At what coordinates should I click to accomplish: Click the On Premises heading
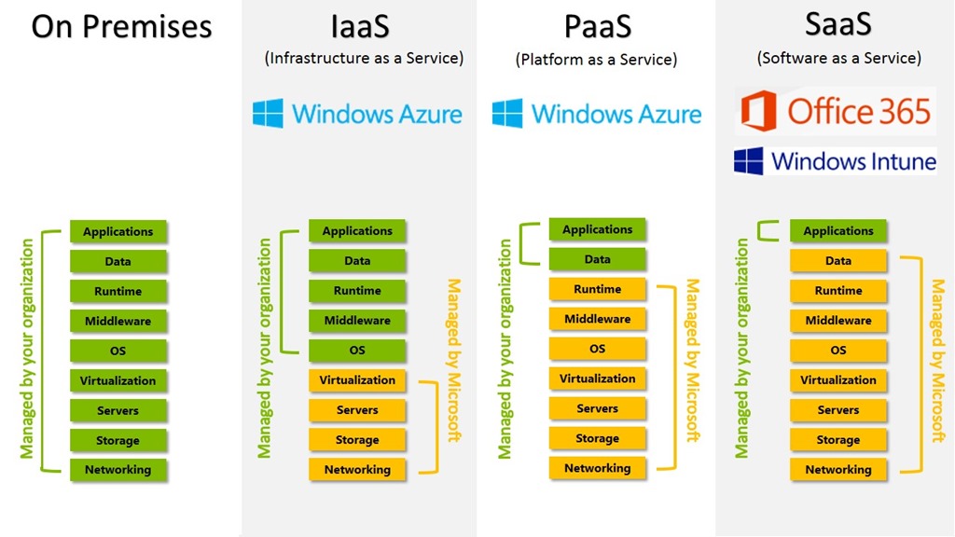(121, 26)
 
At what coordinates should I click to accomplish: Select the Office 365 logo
(836, 111)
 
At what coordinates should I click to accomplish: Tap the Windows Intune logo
(836, 161)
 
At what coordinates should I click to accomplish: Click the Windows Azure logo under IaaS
(358, 114)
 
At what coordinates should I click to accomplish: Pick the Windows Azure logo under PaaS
(597, 114)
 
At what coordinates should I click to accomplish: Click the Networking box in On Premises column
(118, 470)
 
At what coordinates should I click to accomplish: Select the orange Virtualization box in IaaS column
(357, 380)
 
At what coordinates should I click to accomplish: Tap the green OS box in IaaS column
(357, 351)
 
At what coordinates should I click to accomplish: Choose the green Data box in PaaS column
(597, 259)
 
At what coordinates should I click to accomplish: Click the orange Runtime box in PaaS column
(597, 289)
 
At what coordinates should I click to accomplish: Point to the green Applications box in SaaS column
(837, 231)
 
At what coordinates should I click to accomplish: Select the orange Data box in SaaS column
(837, 261)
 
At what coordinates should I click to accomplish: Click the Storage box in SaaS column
(837, 440)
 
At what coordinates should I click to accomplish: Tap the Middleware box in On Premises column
(118, 321)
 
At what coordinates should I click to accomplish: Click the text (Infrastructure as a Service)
(364, 58)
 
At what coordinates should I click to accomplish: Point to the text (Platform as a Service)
(596, 60)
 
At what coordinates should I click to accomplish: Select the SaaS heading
(838, 24)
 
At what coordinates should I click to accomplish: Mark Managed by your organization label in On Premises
(27, 349)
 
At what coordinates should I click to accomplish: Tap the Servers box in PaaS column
(597, 408)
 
